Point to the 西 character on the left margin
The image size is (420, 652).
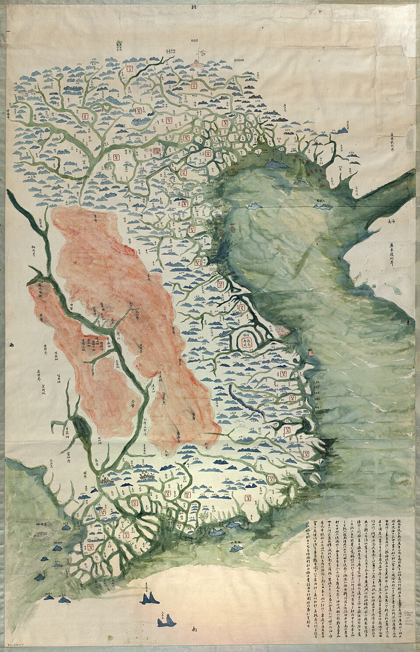[x=11, y=345]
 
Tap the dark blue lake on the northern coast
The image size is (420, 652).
[x=274, y=164]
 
